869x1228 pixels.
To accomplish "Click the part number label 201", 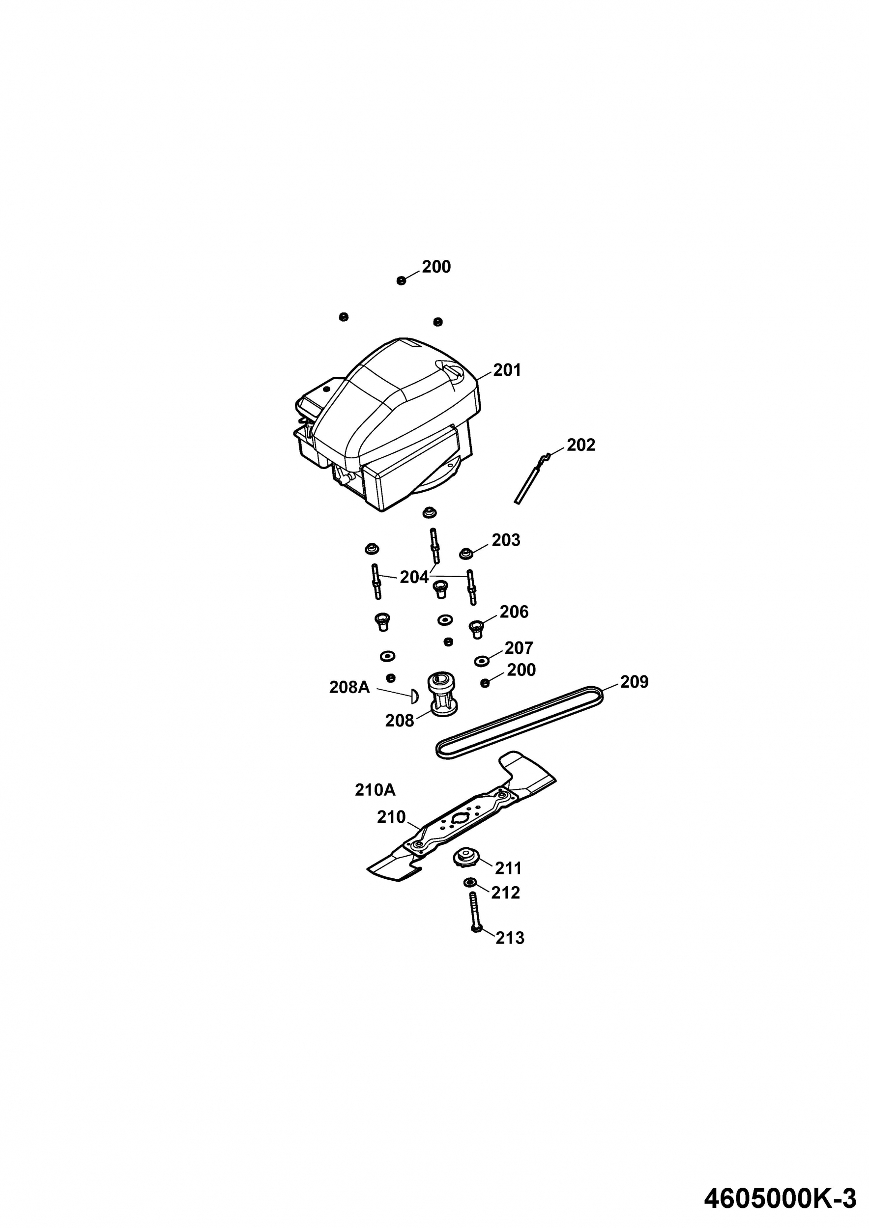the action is click(x=507, y=370).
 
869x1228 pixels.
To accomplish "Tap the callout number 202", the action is click(x=580, y=445).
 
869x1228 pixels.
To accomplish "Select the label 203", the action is click(x=506, y=540).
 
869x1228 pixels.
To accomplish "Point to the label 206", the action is click(x=514, y=612).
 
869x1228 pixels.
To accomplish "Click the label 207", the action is click(x=519, y=648).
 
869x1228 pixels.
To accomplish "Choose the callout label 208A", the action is click(x=349, y=687).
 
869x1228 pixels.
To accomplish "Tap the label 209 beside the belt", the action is click(x=634, y=682).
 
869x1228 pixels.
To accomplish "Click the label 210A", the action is click(x=375, y=790).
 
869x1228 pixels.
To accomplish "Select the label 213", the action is click(x=510, y=938).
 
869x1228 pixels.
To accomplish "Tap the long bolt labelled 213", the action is click(x=475, y=913).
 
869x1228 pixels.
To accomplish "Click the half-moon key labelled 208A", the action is click(x=414, y=697).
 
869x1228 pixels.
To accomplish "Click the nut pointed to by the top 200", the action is click(x=402, y=281).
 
